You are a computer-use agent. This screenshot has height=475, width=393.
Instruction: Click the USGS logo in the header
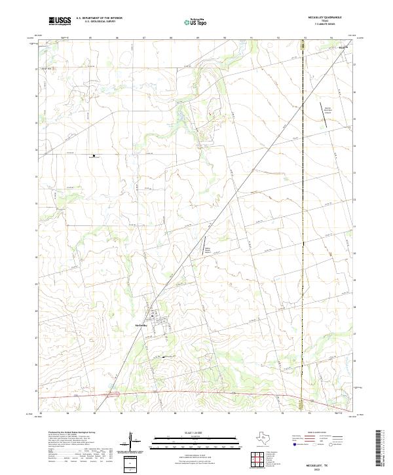point(60,21)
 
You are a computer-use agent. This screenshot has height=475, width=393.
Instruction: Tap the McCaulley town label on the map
point(140,322)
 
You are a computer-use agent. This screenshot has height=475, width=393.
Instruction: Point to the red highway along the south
point(196,392)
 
